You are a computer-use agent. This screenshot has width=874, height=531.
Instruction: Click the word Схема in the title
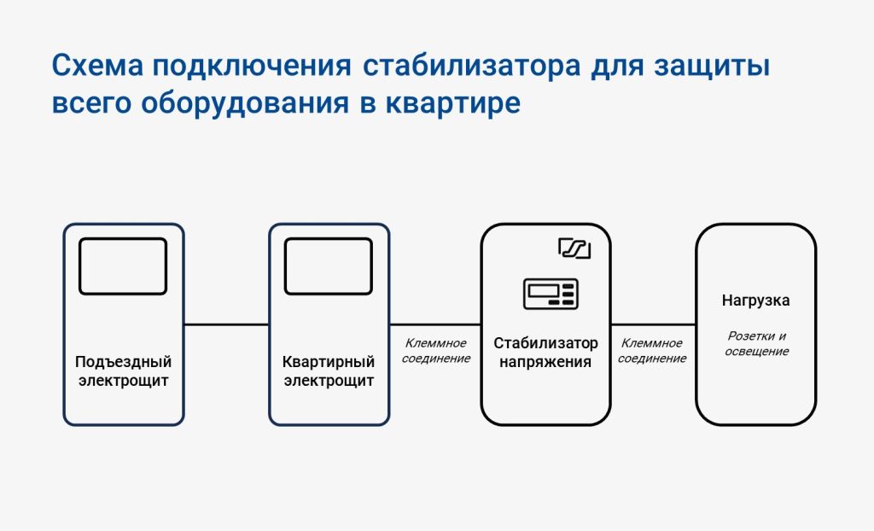coord(97,66)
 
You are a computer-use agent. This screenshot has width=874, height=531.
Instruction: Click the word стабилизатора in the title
coord(471,66)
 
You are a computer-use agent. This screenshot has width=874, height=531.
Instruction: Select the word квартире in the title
coord(453,104)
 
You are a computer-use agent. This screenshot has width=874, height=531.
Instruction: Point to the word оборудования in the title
coord(245,103)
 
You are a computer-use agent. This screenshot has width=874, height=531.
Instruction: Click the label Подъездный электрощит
coord(123,371)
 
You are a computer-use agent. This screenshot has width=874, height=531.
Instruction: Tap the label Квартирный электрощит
coord(329,371)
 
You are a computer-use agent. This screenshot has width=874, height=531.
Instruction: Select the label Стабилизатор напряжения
coord(545,353)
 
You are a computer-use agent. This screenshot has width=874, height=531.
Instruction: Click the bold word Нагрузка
coord(755,301)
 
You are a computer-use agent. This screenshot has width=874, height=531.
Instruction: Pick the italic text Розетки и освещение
coord(756,343)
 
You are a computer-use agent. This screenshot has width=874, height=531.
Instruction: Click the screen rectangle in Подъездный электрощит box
coord(123,266)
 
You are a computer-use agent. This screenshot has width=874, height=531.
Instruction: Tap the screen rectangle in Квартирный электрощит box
coord(329,266)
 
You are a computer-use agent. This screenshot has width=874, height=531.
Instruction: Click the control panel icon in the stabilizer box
coord(551,294)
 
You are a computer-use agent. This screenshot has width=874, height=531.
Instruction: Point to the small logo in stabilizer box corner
coord(574,248)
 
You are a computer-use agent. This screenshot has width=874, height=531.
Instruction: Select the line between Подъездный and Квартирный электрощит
coord(226,324)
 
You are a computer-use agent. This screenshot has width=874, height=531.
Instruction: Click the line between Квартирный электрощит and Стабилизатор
coord(435,324)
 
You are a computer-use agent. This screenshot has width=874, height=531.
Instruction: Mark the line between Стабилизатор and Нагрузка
coord(653,324)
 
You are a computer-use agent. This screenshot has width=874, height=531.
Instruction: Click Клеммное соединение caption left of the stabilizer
coord(436,351)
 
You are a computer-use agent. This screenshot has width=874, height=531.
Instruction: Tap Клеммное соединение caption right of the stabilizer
coord(652,351)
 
